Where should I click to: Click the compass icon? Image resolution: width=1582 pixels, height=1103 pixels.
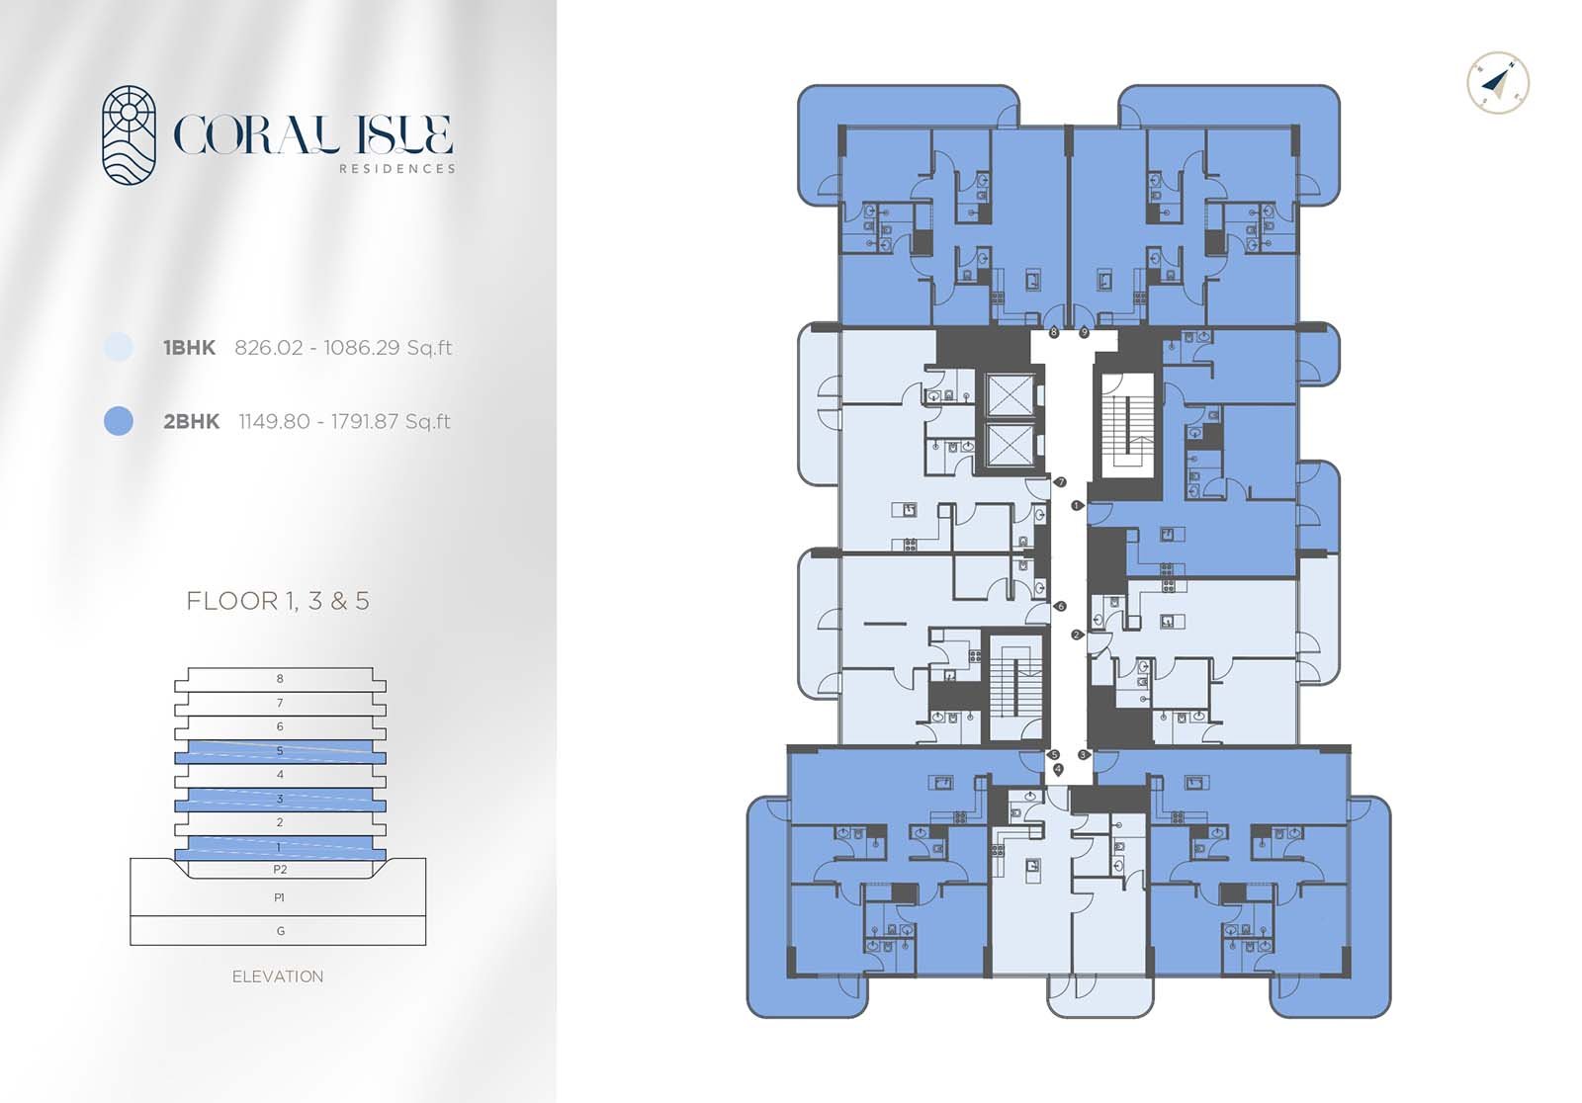[1498, 83]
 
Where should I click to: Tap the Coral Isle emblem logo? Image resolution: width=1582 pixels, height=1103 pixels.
[130, 135]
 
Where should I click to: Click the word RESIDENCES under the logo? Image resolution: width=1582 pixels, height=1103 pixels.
[397, 169]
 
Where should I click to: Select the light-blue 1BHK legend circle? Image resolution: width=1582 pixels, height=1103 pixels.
[118, 347]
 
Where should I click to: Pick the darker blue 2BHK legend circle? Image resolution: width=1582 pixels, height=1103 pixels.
[118, 421]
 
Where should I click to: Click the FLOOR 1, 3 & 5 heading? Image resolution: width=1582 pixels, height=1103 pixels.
[278, 601]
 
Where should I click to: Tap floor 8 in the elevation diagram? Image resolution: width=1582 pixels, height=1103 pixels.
[280, 679]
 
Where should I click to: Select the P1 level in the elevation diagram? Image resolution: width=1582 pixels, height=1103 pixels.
[280, 898]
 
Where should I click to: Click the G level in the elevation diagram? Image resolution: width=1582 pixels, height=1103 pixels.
[280, 931]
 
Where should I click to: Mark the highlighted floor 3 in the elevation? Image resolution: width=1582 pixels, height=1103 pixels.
[280, 800]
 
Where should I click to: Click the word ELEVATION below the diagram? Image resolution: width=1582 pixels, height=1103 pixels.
[278, 976]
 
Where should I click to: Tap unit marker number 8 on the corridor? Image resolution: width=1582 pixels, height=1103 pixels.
[1054, 333]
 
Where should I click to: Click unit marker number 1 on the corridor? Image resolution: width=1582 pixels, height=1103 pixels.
[1077, 506]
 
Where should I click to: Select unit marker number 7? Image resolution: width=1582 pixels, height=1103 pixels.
[1061, 482]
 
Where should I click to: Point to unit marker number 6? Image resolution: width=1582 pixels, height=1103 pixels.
[1061, 607]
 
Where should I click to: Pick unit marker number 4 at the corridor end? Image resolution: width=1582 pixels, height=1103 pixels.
[1058, 769]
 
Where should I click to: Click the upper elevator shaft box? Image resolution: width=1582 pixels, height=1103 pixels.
[1009, 396]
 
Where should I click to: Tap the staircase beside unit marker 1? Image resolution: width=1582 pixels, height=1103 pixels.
[1126, 426]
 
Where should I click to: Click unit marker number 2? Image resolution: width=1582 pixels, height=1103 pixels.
[1077, 636]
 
